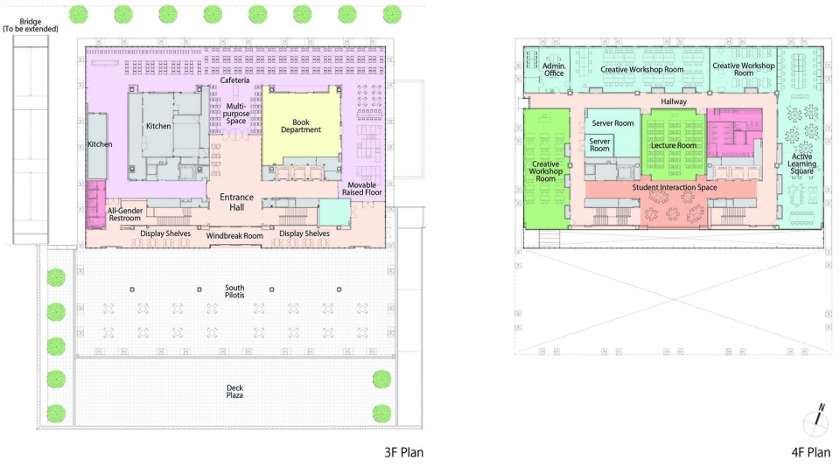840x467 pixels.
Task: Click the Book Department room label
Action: pos(300,126)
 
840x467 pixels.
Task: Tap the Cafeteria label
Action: pos(234,80)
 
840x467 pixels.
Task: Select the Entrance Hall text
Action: pos(237,202)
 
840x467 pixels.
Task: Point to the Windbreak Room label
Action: pos(234,235)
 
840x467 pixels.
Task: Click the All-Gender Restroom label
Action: pos(125,214)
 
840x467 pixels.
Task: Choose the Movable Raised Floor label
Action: pos(362,189)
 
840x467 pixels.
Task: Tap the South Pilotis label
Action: pos(234,291)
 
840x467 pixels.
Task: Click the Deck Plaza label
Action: pos(234,392)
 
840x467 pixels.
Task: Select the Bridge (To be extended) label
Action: pos(31,25)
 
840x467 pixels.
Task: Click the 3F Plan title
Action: pos(404,452)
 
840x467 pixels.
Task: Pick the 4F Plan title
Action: pos(811,452)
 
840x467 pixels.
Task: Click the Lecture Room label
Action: pos(674,145)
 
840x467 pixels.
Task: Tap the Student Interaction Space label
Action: pos(675,187)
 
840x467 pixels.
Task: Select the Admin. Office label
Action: pos(554,70)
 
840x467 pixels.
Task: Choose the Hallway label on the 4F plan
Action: pos(674,101)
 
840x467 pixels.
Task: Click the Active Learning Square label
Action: pos(802,164)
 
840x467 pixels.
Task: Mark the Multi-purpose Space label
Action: pos(235,114)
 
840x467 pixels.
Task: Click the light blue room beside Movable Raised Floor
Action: pos(334,213)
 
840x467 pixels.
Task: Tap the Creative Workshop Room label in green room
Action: pos(546,171)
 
